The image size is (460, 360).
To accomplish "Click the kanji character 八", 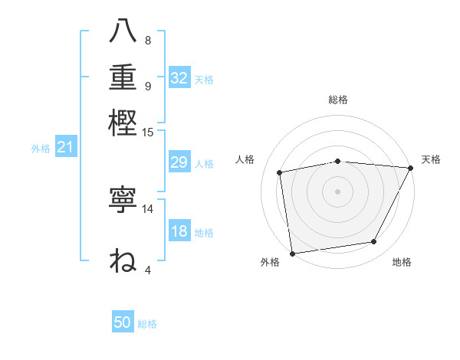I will pos(124,31).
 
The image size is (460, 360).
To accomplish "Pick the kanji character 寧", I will pos(124,201).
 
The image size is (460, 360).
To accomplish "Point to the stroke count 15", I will pos(148,132).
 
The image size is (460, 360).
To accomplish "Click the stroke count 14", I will pos(148,208).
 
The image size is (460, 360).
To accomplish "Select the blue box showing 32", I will pos(179,78).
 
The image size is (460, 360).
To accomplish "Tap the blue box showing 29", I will pos(179,163).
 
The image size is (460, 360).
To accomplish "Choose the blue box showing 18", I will pos(179,231).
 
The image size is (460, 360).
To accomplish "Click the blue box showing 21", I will pos(65,147).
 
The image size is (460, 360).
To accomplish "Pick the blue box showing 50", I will pos(123,322).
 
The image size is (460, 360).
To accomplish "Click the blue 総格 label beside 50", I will pos(147,324).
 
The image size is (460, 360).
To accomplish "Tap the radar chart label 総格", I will pos(338,100).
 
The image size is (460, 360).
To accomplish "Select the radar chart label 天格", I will pos(432,159).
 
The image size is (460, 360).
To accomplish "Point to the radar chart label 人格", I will pos(245,159).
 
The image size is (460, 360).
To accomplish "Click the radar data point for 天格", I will pos(411,168).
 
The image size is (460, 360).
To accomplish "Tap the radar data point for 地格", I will pos(374,241).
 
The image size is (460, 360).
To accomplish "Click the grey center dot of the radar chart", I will pos(338,191).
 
